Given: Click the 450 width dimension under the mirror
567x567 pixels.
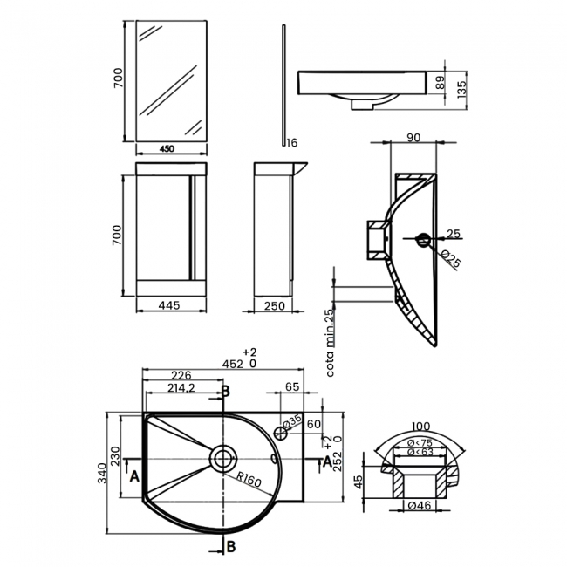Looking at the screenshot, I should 167,148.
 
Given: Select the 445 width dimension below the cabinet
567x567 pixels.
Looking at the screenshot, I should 170,305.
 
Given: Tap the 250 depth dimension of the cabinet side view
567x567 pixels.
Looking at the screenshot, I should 274,305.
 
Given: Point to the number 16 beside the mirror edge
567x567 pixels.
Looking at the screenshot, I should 291,142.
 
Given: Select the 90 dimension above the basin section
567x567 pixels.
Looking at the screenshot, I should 413,136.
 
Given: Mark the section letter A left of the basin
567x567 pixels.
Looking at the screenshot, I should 133,476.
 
